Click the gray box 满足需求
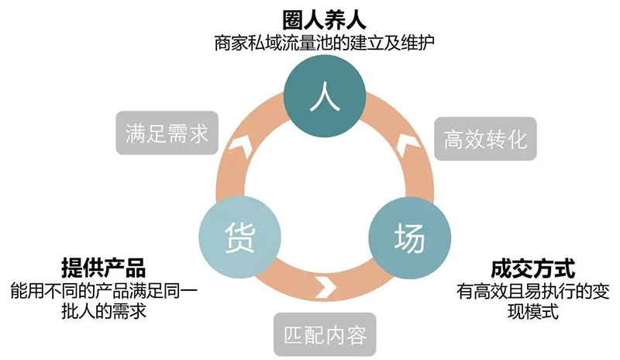tap(167, 133)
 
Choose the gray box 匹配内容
tap(325, 336)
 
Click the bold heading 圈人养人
tap(323, 17)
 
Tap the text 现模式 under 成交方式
tap(532, 313)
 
